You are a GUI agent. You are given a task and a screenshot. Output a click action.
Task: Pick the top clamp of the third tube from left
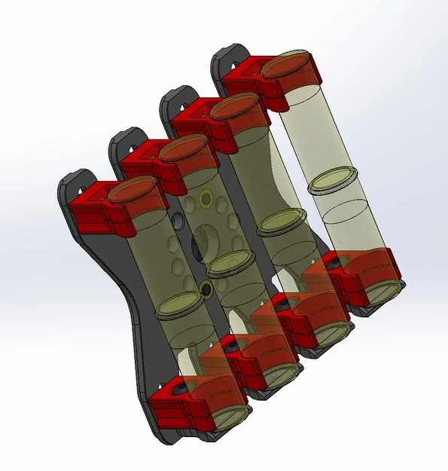pos(200,121)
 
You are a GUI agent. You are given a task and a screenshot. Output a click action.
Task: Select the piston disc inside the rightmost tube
pos(335,181)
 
